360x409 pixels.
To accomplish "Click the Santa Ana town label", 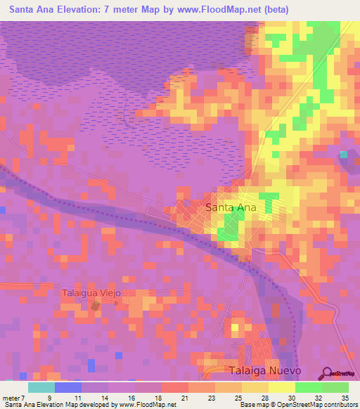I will pos(231,207).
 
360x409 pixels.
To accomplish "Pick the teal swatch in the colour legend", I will pos(41,387).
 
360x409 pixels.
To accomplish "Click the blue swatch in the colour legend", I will pos(68,387).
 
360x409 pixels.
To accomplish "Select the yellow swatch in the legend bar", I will pos(282,387).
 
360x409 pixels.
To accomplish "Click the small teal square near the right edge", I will pos(343,155).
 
